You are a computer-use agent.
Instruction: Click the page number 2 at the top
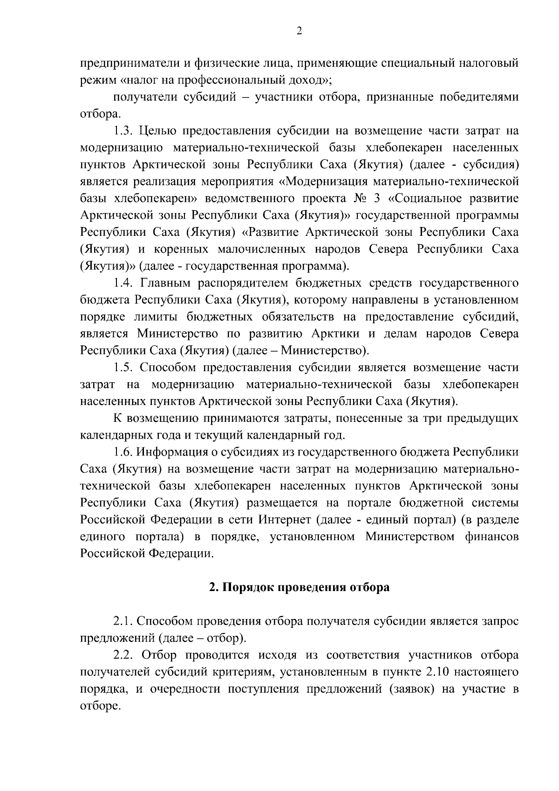coord(299,31)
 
